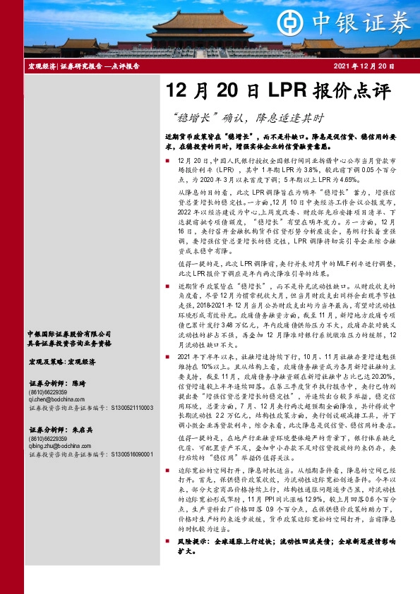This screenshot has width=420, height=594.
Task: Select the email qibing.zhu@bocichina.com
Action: point(59,446)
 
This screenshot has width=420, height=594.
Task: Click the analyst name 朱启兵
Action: point(81,430)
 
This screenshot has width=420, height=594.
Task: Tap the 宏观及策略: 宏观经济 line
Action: point(63,361)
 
